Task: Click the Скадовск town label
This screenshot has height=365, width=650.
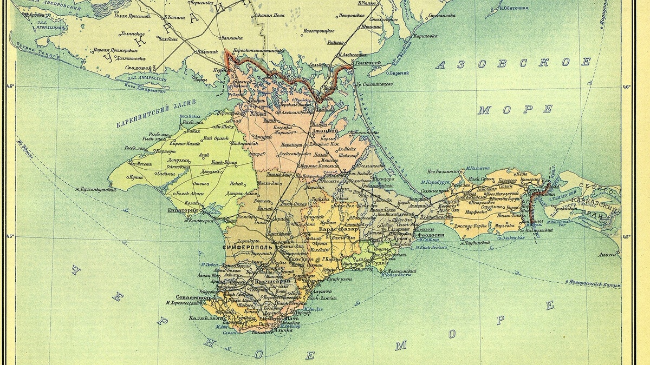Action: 138,68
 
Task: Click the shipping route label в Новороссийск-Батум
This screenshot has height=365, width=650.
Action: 592,283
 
